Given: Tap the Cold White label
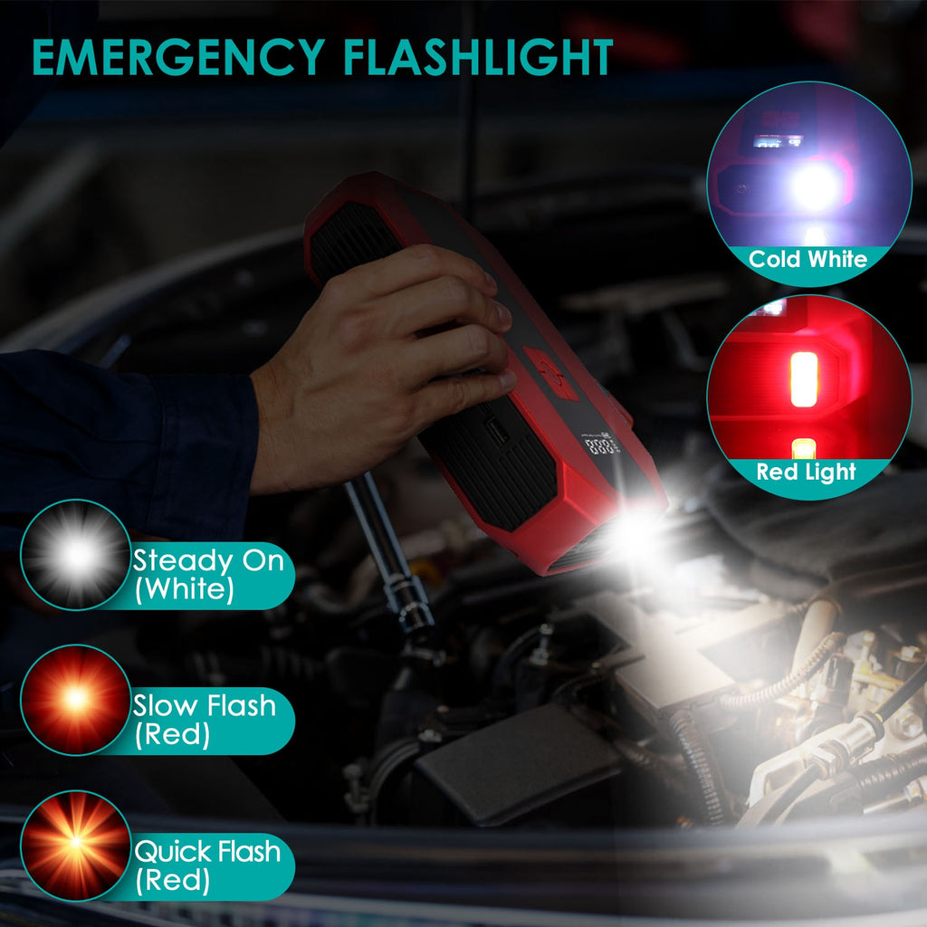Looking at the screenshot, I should click(x=808, y=260).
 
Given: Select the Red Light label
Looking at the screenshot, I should click(x=806, y=472).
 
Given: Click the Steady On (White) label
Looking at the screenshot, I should click(x=208, y=575).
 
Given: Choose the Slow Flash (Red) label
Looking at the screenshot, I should click(x=204, y=719).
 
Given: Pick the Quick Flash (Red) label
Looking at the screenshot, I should click(x=207, y=865).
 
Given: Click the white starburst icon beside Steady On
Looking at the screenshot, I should click(x=76, y=555).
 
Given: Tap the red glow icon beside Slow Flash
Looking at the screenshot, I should click(x=76, y=700).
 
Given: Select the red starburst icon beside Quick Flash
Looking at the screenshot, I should click(x=76, y=845).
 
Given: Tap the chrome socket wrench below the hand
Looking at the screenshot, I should click(x=389, y=552).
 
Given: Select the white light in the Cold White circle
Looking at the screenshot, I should click(x=815, y=186).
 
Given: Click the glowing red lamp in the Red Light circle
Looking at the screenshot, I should click(x=804, y=378).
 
